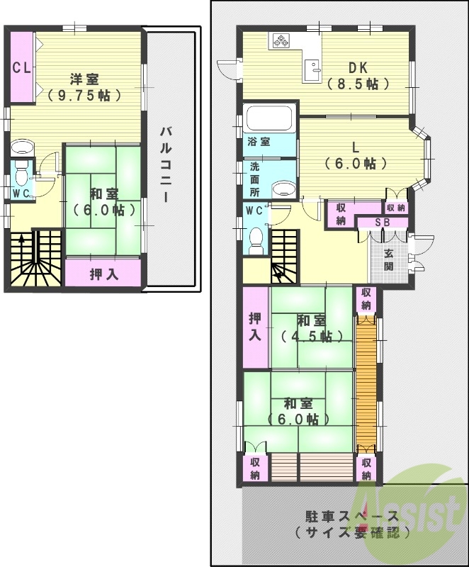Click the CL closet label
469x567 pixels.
tap(21, 68)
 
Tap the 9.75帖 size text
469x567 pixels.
tap(89, 94)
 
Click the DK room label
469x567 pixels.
tap(358, 68)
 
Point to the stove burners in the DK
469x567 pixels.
tap(279, 41)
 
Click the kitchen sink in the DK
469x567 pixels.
tap(312, 69)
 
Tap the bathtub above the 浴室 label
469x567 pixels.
tap(269, 118)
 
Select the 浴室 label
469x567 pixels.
tap(258, 142)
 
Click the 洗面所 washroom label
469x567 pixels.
tap(254, 179)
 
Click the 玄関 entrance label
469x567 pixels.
tap(390, 260)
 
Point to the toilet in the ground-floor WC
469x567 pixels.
tap(256, 239)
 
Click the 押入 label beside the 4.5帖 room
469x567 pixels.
tap(255, 327)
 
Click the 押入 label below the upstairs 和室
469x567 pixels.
tap(103, 274)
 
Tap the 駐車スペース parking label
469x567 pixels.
tap(348, 515)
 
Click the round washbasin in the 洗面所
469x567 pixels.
tap(283, 189)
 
